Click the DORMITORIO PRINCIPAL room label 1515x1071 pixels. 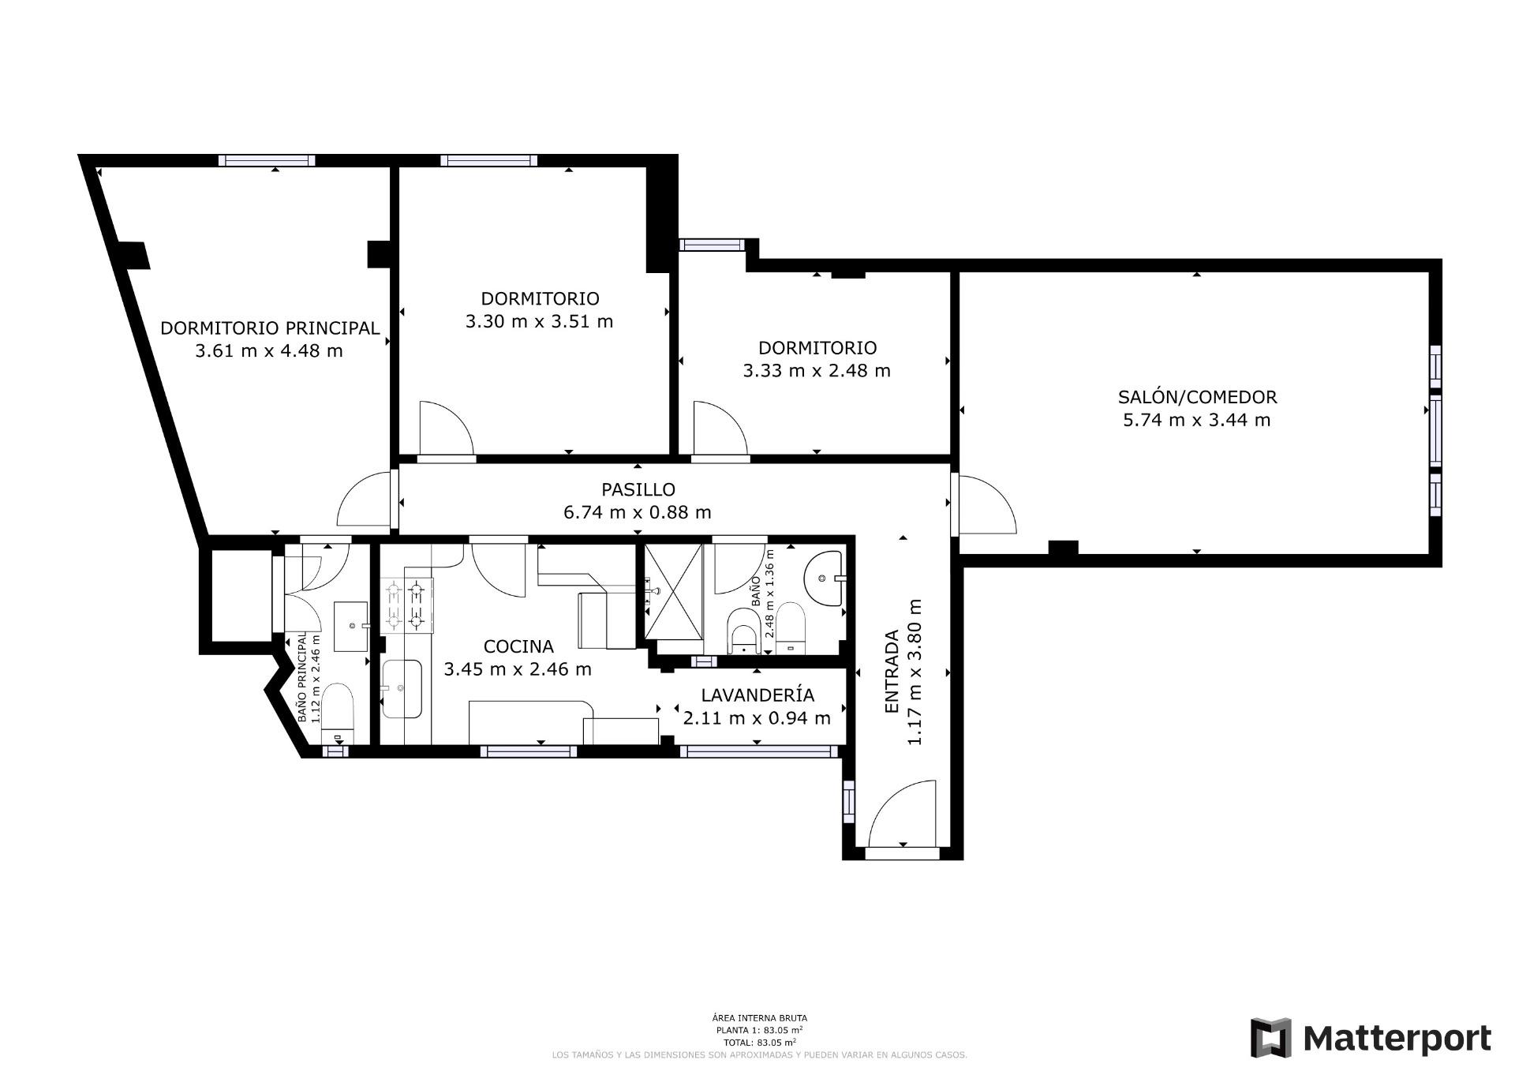[x=270, y=328]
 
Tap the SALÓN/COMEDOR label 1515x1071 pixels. [x=1197, y=397]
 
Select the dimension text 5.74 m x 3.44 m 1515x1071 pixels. [x=1197, y=420]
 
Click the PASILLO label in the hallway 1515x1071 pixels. [x=638, y=490]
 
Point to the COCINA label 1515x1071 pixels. [x=518, y=646]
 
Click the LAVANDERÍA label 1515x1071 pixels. [x=757, y=695]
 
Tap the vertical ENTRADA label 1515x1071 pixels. [x=892, y=672]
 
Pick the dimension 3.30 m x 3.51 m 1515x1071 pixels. [x=539, y=321]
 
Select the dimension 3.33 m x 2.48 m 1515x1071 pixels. [x=817, y=370]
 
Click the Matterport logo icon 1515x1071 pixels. [x=1270, y=1038]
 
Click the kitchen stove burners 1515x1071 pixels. [x=408, y=605]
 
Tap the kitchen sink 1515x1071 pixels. [x=402, y=689]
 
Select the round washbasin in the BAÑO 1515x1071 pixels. [x=824, y=579]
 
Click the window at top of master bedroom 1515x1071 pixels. [x=267, y=160]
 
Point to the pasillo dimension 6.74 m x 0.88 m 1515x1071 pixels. [x=638, y=512]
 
